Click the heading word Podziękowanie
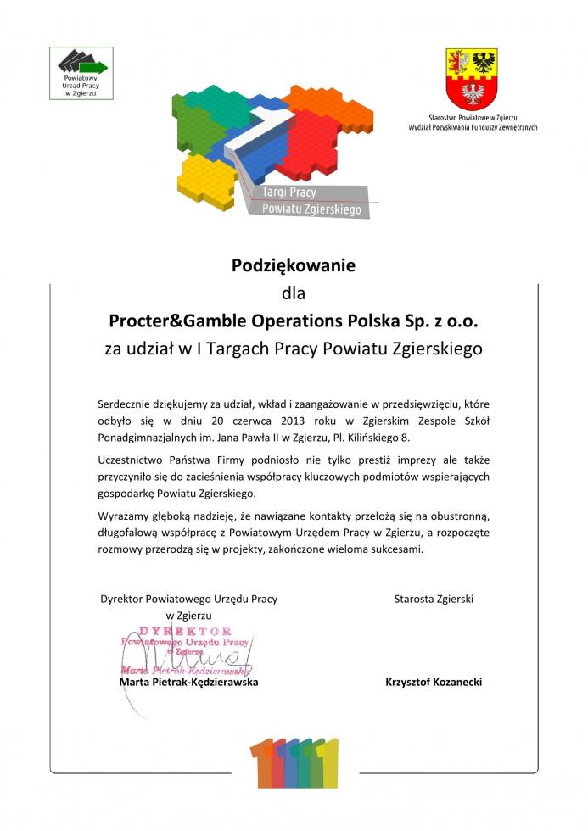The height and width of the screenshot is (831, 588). point(294,265)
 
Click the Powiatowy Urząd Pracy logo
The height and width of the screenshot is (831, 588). point(83,71)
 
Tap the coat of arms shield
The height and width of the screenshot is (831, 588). point(472,77)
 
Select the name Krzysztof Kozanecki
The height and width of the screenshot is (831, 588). point(434,681)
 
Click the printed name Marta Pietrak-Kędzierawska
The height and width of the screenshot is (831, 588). point(188,681)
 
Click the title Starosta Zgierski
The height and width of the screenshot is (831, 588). point(434,599)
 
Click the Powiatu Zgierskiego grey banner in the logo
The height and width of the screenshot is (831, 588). point(311,209)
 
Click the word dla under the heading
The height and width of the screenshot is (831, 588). point(294,294)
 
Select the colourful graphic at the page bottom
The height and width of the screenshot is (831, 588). point(293,763)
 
